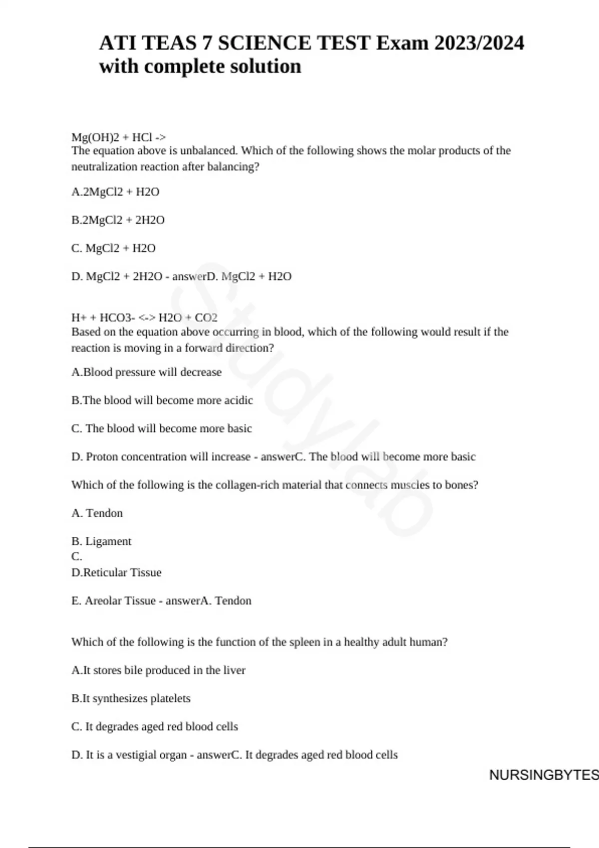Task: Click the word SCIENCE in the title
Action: coord(264,43)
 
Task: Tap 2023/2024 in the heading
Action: coord(479,43)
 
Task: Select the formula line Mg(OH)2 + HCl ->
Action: coord(118,137)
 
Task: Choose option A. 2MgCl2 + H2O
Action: coord(115,192)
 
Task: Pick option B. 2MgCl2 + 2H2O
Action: coord(118,220)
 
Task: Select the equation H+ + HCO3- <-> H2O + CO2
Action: coord(144,318)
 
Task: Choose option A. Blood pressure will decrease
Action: coord(146,372)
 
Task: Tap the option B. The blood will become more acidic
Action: coord(162,400)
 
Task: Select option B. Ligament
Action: coord(101,541)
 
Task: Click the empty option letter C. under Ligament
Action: coord(76,557)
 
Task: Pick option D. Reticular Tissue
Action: coord(116,572)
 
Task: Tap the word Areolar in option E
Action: coord(103,601)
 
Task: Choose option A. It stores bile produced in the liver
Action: coord(158,670)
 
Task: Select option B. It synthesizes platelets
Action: coord(131,698)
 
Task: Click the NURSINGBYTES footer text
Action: coord(543,775)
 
